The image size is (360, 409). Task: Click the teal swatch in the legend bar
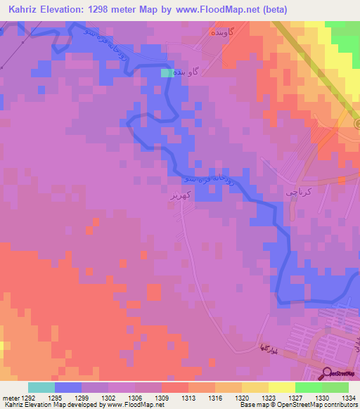pyautogui.click(x=41, y=387)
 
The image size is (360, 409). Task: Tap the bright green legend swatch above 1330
pyautogui.click(x=309, y=387)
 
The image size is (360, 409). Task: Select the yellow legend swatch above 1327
pyautogui.click(x=282, y=387)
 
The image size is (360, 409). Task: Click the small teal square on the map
pyautogui.click(x=165, y=72)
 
